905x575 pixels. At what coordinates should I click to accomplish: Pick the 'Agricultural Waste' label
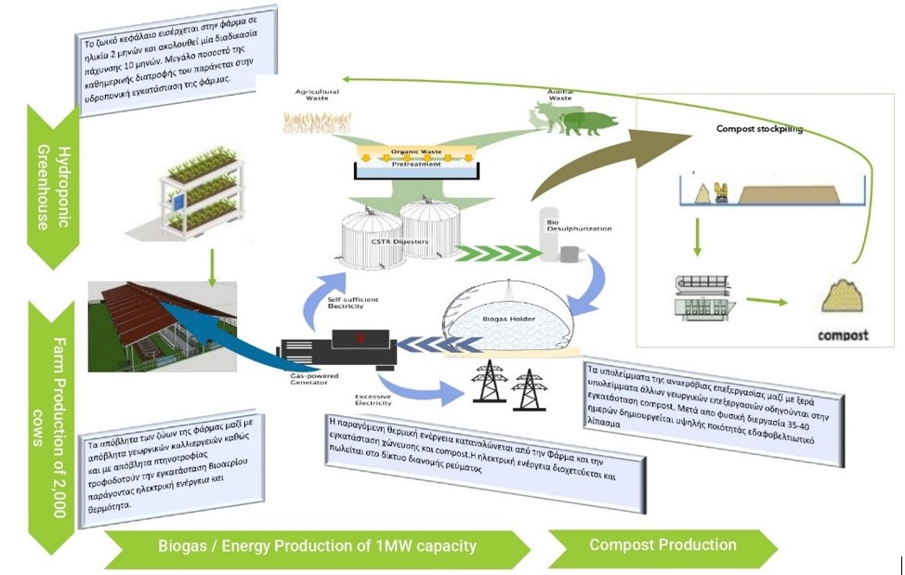tap(317, 95)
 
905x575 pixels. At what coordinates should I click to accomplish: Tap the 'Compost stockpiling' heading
tap(759, 129)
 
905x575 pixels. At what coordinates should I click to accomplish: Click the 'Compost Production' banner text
tap(662, 545)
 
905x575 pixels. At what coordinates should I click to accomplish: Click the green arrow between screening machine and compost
tap(761, 300)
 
